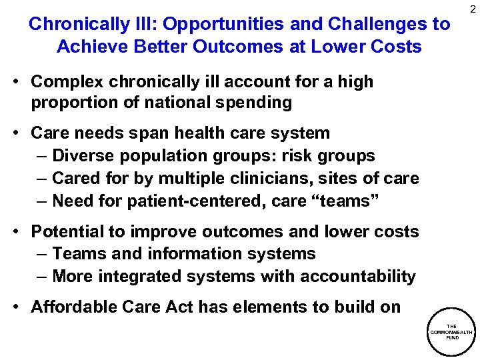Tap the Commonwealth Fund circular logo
click(x=451, y=332)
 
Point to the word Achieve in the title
click(x=91, y=47)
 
